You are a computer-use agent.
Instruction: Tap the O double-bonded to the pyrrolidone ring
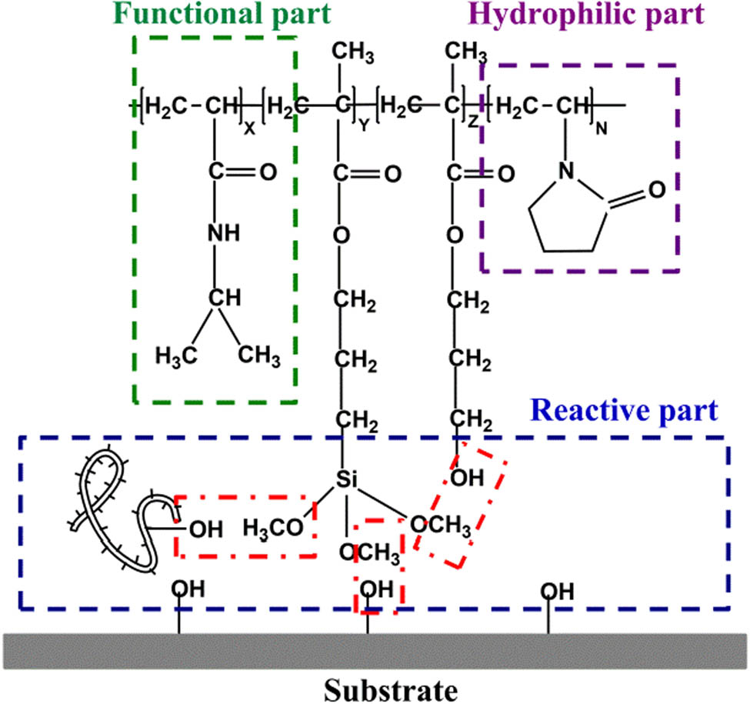coord(656,189)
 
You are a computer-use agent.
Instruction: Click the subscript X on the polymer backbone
coord(248,132)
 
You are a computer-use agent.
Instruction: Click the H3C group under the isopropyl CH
coord(175,356)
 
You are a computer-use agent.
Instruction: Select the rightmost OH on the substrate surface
coord(556,591)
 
